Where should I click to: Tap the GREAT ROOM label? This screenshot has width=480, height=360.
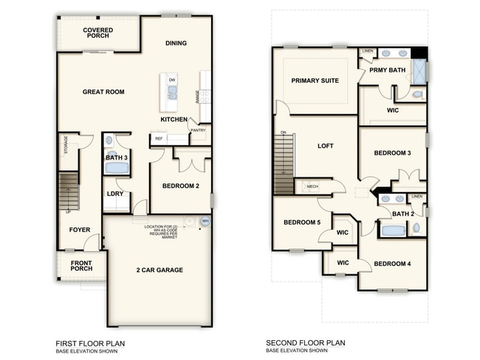[103, 92]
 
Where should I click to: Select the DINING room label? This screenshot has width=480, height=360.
[176, 43]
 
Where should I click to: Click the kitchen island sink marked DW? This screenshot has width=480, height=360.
[172, 91]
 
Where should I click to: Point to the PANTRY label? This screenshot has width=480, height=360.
[197, 131]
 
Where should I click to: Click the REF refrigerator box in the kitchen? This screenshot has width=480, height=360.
[158, 137]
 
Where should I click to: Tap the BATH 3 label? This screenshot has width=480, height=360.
[116, 157]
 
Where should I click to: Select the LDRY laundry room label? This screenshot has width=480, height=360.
[114, 194]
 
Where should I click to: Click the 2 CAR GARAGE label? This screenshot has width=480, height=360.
[159, 270]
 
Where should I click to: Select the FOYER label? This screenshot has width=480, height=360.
[80, 229]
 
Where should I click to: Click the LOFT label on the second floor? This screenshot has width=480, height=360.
[326, 146]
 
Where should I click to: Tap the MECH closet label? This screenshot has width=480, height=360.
[312, 186]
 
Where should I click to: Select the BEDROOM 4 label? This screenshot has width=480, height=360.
[392, 264]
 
